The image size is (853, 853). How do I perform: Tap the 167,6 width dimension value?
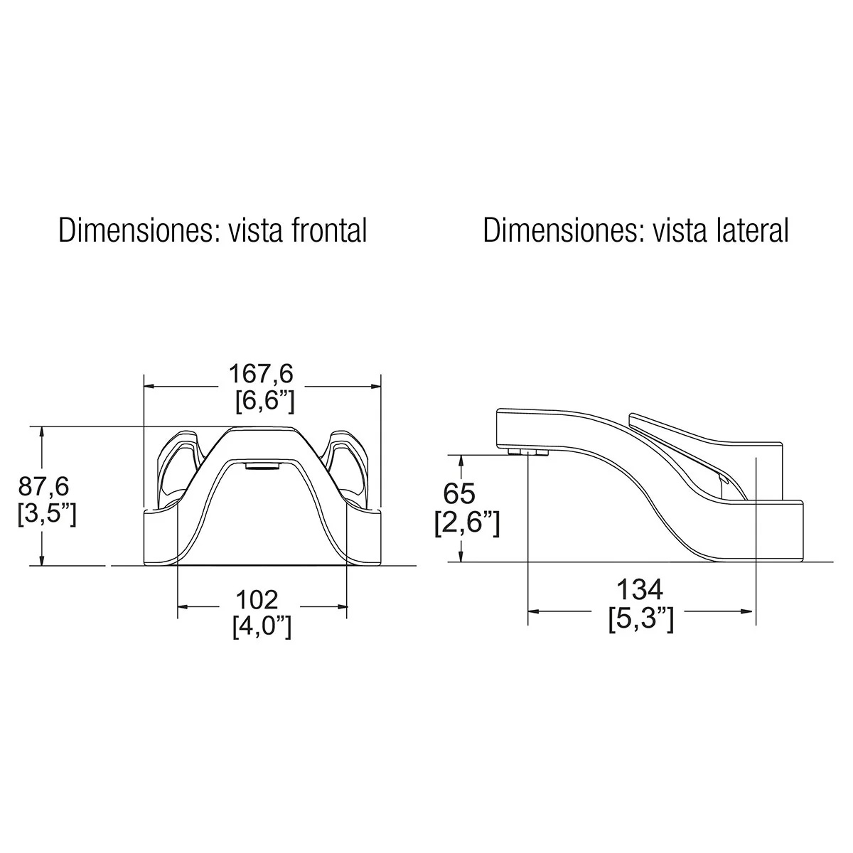click(261, 374)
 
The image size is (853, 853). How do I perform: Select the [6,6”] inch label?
click(264, 402)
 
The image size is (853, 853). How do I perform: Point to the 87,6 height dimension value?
click(43, 486)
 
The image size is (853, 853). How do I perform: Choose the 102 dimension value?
click(257, 600)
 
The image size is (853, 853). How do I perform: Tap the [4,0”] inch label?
click(262, 627)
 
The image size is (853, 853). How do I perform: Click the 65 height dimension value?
click(459, 493)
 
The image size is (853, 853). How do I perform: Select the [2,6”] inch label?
click(467, 522)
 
